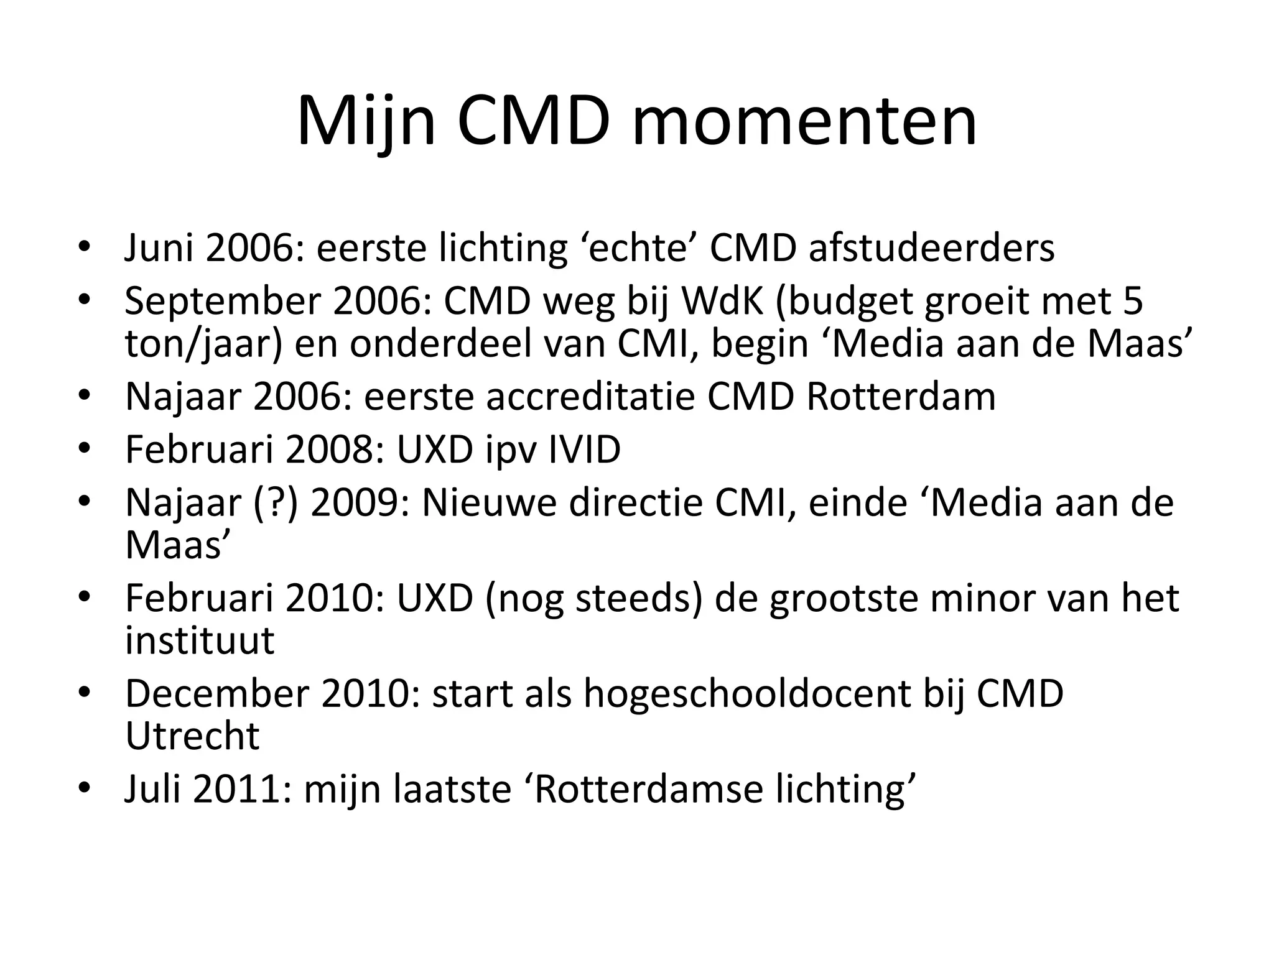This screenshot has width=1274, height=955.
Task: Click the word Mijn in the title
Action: (x=366, y=121)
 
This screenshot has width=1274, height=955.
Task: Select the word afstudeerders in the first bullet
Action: (x=932, y=247)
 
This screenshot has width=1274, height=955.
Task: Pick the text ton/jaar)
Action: (x=205, y=344)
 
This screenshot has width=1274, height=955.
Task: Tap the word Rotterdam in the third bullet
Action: (x=901, y=397)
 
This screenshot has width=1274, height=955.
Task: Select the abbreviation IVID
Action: (x=584, y=449)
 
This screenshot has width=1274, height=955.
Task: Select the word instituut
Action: (x=200, y=640)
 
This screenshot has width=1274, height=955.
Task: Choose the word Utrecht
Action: (x=192, y=736)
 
